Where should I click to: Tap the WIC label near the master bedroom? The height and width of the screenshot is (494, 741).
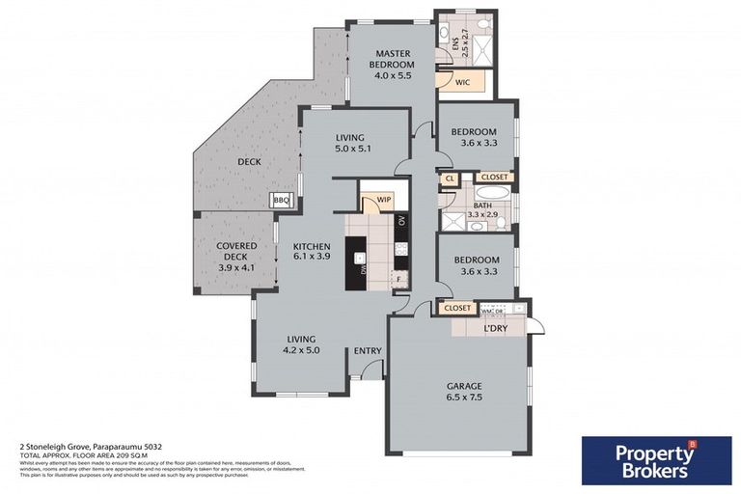click(x=462, y=83)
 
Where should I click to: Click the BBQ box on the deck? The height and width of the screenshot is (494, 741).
click(x=282, y=200)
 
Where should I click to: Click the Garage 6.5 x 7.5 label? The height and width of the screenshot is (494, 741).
click(x=463, y=391)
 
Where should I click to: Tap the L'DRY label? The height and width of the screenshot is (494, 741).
click(x=496, y=329)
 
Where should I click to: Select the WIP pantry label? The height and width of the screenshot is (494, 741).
click(x=370, y=200)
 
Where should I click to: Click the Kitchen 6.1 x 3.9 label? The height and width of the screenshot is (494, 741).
click(x=312, y=252)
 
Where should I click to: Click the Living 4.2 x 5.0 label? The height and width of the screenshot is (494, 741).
click(x=301, y=344)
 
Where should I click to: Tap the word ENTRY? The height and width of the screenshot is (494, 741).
click(x=368, y=350)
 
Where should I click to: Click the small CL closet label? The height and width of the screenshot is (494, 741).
click(x=450, y=178)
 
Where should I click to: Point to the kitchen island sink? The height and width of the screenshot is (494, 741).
click(x=360, y=259)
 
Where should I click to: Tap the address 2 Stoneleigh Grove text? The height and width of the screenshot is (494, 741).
click(x=82, y=447)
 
